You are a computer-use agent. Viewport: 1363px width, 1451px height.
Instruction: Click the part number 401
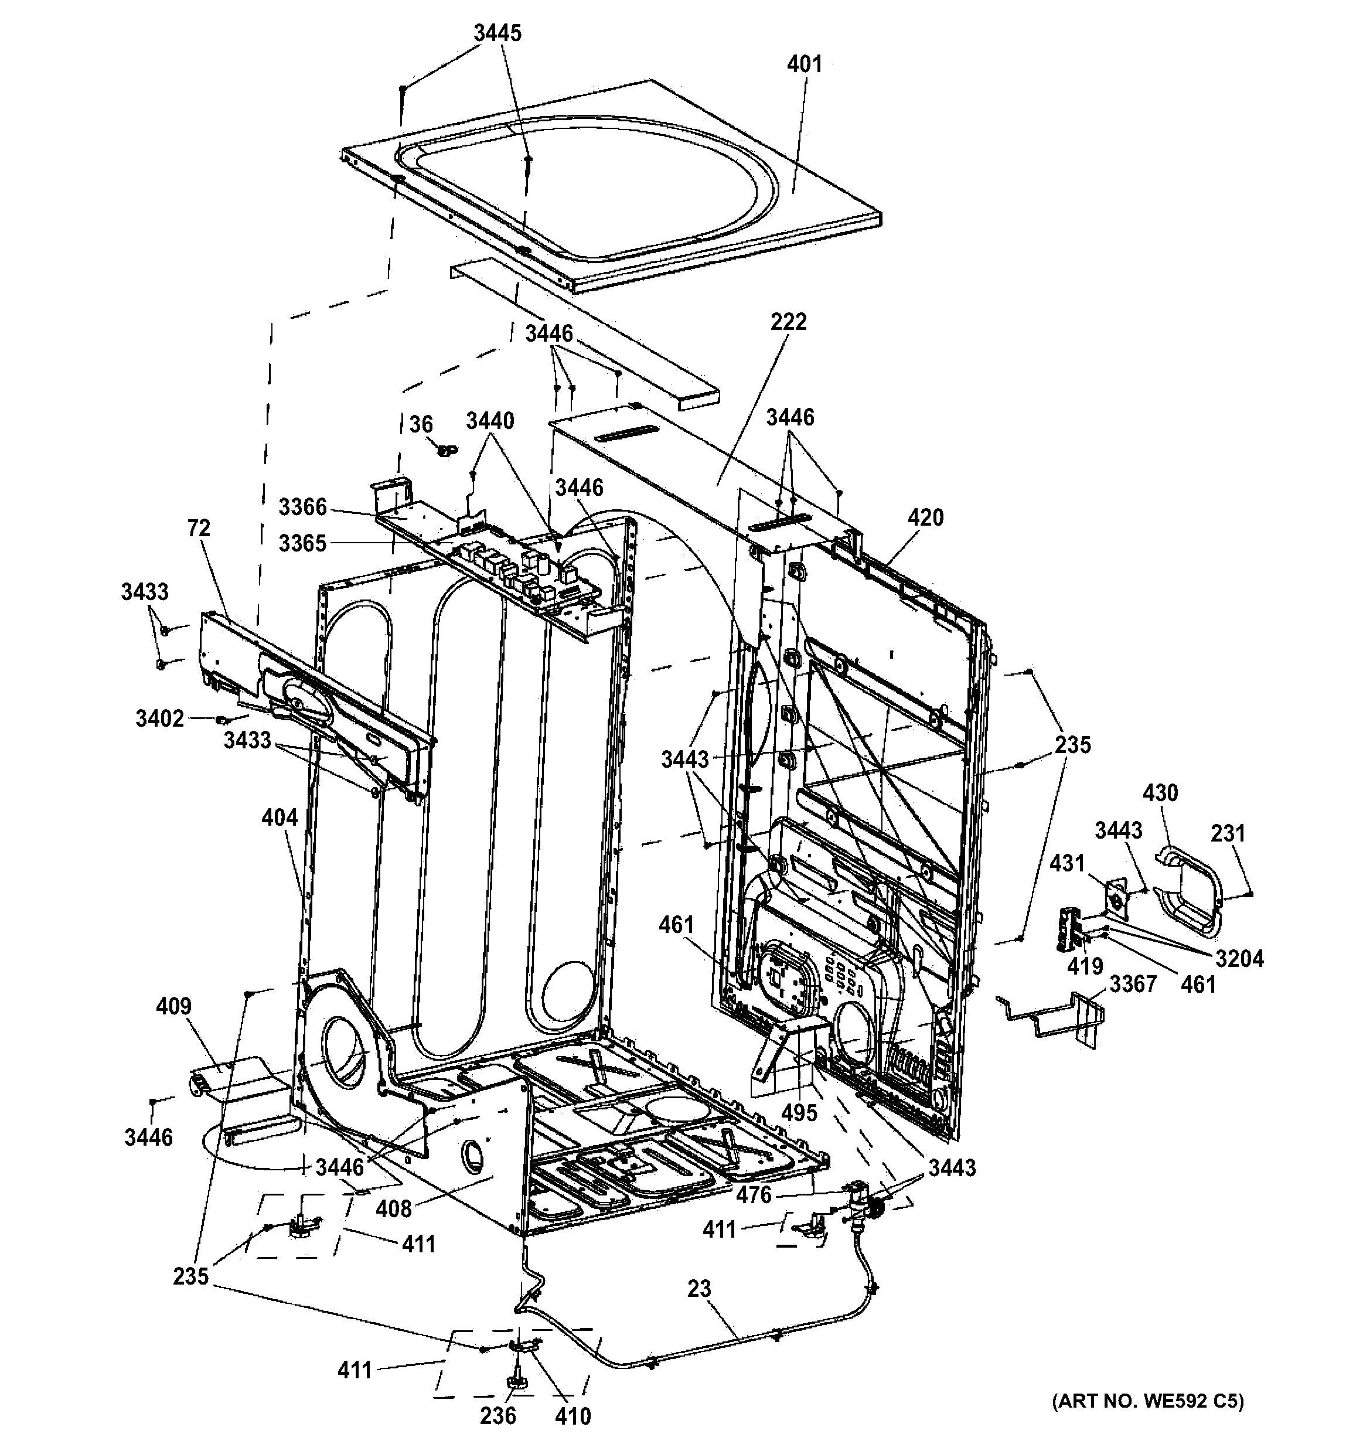804,65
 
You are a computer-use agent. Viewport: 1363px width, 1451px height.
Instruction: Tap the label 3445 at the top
498,33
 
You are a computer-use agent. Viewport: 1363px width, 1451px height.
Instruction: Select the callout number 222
788,322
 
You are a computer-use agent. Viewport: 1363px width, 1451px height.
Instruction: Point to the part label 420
925,517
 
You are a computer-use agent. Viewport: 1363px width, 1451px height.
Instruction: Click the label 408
394,1210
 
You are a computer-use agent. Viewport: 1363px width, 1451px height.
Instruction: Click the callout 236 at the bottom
498,1416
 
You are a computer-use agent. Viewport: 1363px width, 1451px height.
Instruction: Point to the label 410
572,1416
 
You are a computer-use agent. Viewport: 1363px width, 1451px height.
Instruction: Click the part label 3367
1133,984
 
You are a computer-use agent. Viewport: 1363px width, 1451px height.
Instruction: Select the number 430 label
1160,793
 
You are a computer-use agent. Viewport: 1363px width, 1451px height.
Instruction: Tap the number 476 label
753,1195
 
